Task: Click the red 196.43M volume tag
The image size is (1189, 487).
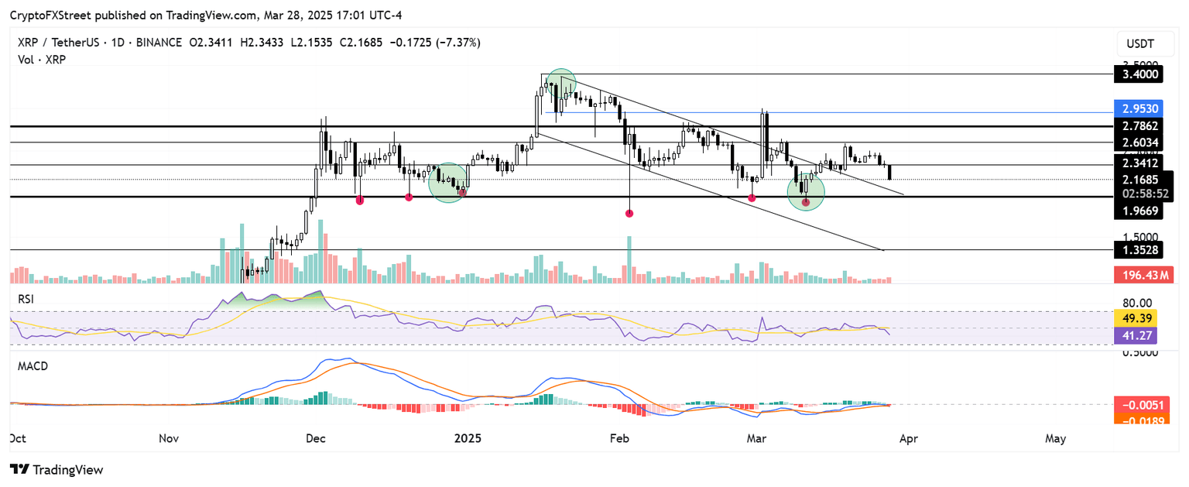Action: pos(1143,275)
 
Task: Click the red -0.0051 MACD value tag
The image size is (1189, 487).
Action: pos(1143,404)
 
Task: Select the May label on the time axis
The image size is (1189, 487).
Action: pos(1055,438)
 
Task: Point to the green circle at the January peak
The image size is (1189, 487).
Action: pos(560,84)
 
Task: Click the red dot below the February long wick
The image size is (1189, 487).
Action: pos(629,212)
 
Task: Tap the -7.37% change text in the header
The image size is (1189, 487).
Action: pos(460,43)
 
